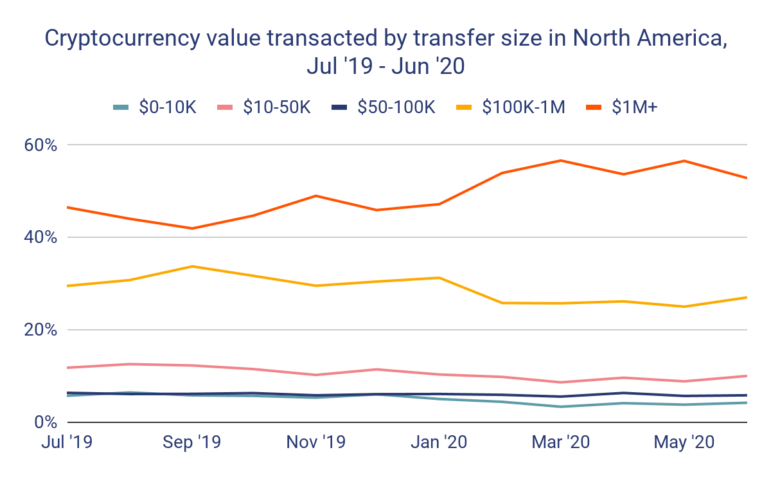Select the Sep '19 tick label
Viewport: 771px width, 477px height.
pyautogui.click(x=191, y=442)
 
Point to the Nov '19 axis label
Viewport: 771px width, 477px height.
pyautogui.click(x=315, y=442)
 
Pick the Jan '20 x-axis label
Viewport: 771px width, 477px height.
pyautogui.click(x=439, y=442)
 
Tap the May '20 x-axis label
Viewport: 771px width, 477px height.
pyautogui.click(x=685, y=442)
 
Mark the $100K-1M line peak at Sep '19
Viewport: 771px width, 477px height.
pyautogui.click(x=191, y=266)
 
